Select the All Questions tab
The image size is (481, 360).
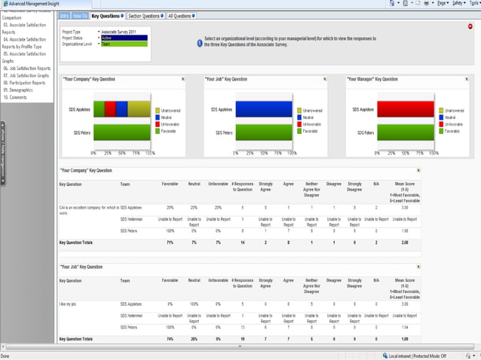[x=179, y=15]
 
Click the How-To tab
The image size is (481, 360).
[x=81, y=15]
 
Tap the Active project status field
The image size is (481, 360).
[x=125, y=38]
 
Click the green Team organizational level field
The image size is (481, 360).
[x=125, y=44]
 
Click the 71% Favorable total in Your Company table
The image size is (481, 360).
[x=170, y=243]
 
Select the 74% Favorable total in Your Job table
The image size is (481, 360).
[x=170, y=339]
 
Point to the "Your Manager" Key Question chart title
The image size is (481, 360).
[x=372, y=79]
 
